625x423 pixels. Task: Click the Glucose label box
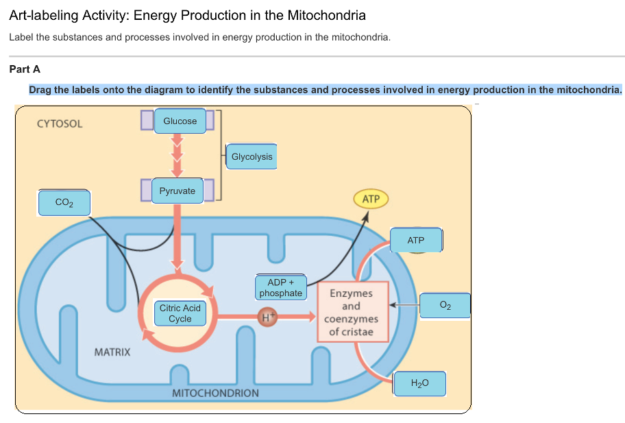pos(180,121)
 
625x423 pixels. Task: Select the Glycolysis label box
pos(252,157)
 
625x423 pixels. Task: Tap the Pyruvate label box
pos(177,191)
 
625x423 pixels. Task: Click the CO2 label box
pos(64,203)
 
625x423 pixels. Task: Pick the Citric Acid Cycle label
pos(180,314)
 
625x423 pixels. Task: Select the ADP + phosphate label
pos(280,288)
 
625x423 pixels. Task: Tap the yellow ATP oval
pos(371,200)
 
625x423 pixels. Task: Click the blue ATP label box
pos(416,241)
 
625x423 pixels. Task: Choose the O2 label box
pos(445,304)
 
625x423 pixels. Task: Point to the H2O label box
pos(419,384)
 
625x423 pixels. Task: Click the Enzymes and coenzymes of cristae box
pos(351,313)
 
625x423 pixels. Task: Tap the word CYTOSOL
pos(60,124)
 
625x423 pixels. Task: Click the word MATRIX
pos(112,352)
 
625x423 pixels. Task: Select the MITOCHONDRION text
pos(215,394)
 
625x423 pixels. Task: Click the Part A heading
pos(25,69)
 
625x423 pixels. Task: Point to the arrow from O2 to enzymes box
pos(404,304)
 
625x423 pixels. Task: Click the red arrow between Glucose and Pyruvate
pos(177,156)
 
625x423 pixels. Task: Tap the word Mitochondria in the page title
pos(327,15)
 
